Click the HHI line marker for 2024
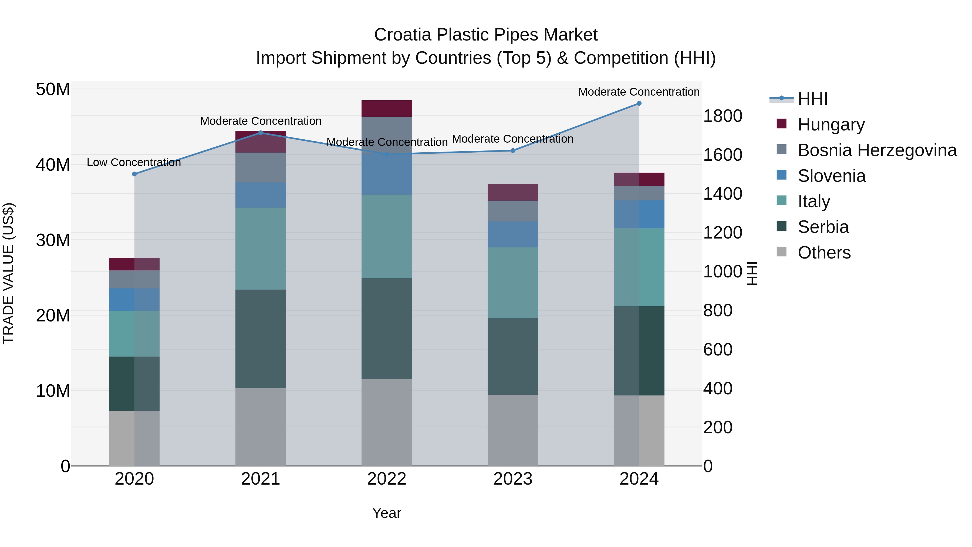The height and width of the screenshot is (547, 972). (639, 103)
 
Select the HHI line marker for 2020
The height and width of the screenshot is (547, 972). (134, 174)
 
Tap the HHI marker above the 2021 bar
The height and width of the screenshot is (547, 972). (260, 133)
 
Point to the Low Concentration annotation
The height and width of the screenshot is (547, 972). (134, 163)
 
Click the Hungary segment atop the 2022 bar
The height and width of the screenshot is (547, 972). (386, 109)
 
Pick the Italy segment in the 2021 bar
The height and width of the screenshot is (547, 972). (260, 249)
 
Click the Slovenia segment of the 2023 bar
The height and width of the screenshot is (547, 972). (512, 234)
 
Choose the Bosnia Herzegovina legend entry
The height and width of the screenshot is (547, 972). (877, 150)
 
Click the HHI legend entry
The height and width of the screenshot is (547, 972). (812, 99)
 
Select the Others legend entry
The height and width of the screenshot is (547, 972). (824, 253)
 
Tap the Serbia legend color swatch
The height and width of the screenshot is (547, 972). (781, 227)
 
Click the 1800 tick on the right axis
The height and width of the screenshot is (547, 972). (722, 116)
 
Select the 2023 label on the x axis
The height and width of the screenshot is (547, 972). (512, 479)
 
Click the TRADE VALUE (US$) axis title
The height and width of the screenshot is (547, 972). (8, 273)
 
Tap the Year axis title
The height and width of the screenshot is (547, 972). (386, 513)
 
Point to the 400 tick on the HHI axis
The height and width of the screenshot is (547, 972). (718, 388)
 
